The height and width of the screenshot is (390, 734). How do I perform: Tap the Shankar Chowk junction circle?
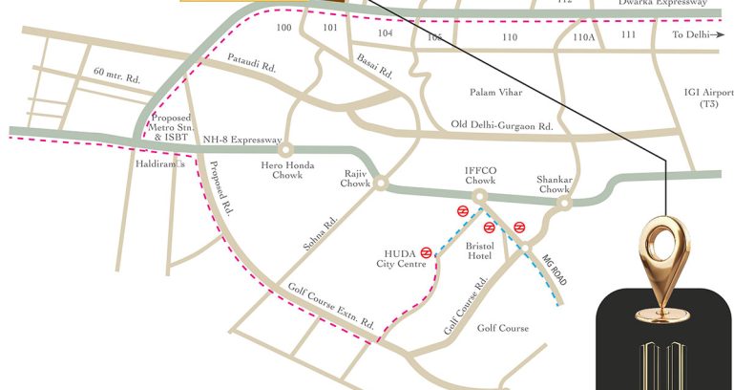[x=564, y=203]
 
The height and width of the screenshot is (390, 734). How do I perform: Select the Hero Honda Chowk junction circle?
[x=283, y=150]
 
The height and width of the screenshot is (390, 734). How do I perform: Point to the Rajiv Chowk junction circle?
[x=380, y=183]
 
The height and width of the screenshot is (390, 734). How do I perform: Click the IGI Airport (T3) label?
[x=708, y=97]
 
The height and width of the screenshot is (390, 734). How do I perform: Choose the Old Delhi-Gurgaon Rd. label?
[x=502, y=126]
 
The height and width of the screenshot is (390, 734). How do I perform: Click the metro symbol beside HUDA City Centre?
[x=426, y=252]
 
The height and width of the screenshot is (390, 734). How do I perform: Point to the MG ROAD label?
[x=554, y=270]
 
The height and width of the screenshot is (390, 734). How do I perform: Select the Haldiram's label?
[x=157, y=163]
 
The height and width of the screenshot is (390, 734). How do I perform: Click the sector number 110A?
[x=583, y=36]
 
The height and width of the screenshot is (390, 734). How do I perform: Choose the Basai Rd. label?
[x=373, y=66]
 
